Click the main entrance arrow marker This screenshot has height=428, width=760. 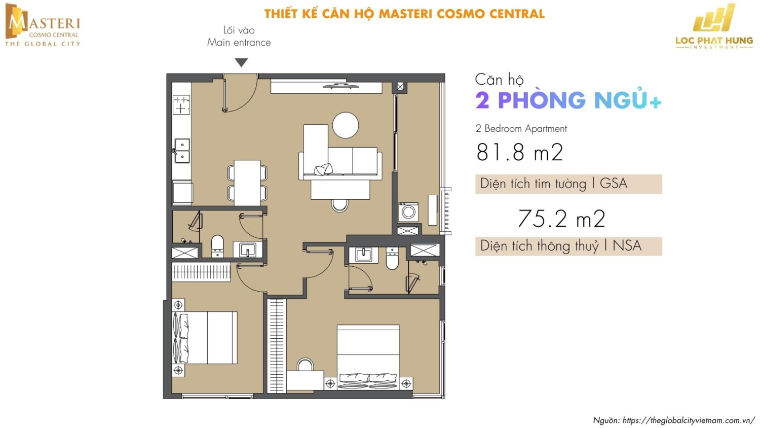(x=241, y=62)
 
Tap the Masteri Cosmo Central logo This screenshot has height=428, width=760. (x=43, y=25)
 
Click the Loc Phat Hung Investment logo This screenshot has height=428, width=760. (x=714, y=26)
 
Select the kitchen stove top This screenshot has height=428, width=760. (x=181, y=104)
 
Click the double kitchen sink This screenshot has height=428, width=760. (x=182, y=151)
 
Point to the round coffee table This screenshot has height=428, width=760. (x=346, y=125)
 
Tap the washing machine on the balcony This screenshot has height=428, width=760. (x=408, y=212)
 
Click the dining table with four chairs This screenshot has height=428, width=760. (x=247, y=183)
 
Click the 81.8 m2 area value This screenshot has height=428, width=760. (x=519, y=152)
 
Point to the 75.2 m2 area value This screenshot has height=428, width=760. (x=561, y=219)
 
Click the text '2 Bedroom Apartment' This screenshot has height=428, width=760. (x=521, y=129)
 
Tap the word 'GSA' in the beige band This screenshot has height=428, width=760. (x=614, y=184)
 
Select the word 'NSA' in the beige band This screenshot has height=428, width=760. (x=627, y=246)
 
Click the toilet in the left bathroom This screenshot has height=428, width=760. (x=217, y=246)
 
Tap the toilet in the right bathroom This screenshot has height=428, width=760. (x=392, y=259)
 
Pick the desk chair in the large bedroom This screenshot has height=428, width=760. (x=305, y=365)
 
